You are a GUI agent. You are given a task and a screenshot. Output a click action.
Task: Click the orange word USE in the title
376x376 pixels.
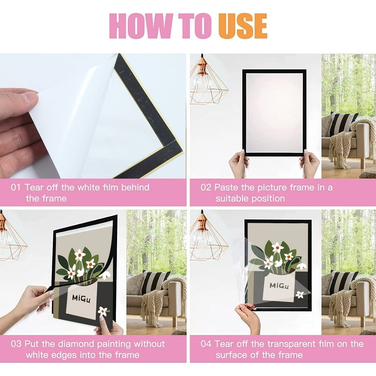tap(243, 26)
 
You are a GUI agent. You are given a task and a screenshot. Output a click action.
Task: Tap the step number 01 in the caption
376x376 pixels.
tap(16, 188)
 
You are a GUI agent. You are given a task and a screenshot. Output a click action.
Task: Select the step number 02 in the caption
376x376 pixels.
tap(206, 188)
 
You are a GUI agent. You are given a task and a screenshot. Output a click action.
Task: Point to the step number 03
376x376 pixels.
tap(16, 344)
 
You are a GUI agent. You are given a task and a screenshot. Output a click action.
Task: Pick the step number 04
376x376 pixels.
tap(206, 344)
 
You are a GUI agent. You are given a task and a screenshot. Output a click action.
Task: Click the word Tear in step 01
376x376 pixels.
tap(35, 188)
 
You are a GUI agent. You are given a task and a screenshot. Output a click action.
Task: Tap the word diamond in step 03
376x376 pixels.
tap(77, 344)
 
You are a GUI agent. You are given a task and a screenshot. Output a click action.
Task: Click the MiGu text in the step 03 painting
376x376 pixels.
tap(81, 299)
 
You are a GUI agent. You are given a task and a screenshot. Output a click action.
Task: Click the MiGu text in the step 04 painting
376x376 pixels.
tap(279, 285)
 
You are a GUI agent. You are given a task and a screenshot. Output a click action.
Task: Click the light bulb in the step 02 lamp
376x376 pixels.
tap(203, 82)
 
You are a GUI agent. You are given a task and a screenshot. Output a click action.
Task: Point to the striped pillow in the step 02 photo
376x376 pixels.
tap(343, 124)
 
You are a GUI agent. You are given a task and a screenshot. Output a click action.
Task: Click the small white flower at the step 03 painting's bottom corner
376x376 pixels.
tap(103, 311)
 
